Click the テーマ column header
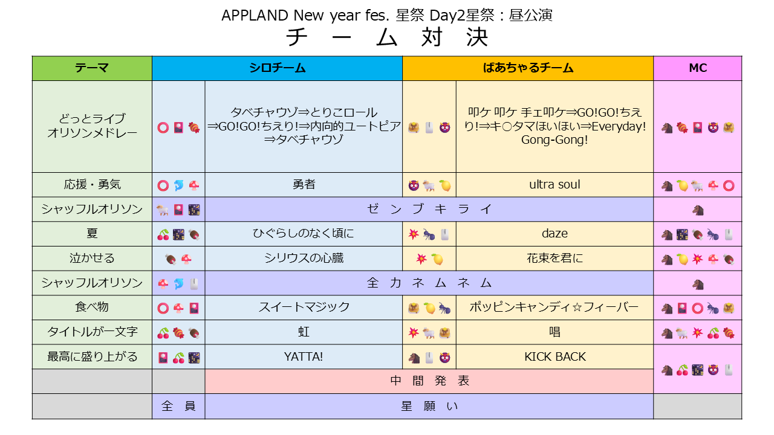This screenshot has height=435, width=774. point(92,68)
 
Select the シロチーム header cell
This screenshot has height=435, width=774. point(277,68)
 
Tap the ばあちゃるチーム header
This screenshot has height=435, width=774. point(528,68)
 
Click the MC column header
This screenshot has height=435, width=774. point(698,68)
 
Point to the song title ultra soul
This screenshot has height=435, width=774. point(554,185)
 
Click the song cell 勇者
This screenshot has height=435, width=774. point(304,185)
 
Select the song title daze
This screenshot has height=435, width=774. point(554,234)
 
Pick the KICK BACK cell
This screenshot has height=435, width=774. point(554,356)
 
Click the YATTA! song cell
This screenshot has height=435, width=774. point(304,356)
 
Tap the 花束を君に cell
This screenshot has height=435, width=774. point(554,258)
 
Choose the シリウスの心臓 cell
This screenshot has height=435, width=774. point(304,258)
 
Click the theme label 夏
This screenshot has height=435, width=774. point(92,234)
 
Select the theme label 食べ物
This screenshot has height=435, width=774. point(92,307)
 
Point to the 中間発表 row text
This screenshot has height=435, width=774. point(429,381)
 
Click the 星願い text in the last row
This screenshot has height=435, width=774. point(429,407)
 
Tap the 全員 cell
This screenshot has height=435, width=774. point(178,407)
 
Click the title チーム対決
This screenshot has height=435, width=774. point(387,37)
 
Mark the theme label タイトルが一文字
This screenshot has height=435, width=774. point(92,332)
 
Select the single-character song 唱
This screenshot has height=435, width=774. point(554,332)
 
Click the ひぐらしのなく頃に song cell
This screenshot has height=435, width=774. point(304,234)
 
